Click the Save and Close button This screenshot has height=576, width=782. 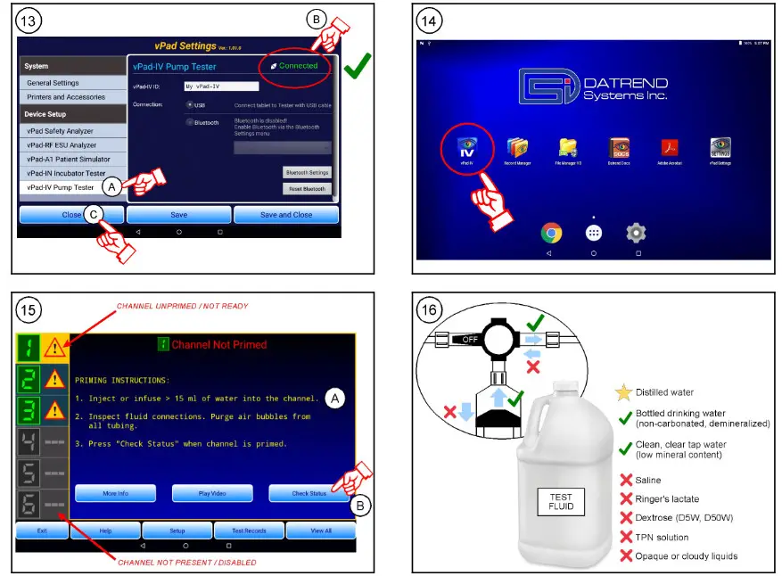click(285, 215)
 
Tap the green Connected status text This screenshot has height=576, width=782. click(298, 66)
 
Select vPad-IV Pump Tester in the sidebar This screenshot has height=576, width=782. click(61, 187)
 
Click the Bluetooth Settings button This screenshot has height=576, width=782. click(307, 172)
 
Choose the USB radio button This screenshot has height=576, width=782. click(190, 105)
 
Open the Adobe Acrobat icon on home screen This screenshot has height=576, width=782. click(670, 147)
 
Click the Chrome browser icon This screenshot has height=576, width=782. click(552, 233)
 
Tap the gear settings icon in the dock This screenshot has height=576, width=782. click(635, 233)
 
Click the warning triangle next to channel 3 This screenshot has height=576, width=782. click(54, 409)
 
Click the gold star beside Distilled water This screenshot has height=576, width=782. click(624, 392)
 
